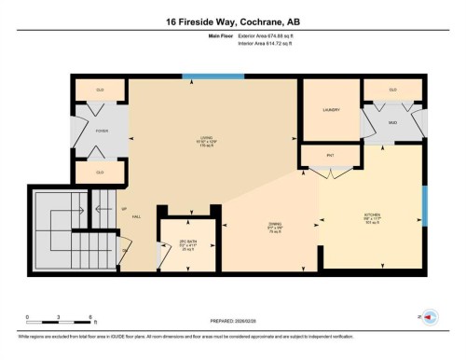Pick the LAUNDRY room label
click(x=331, y=110)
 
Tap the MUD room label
click(x=392, y=121)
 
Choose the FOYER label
click(x=102, y=132)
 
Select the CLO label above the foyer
click(x=102, y=90)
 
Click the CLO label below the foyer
click(x=102, y=173)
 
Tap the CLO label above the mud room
click(x=392, y=90)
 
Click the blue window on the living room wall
click(x=199, y=76)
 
